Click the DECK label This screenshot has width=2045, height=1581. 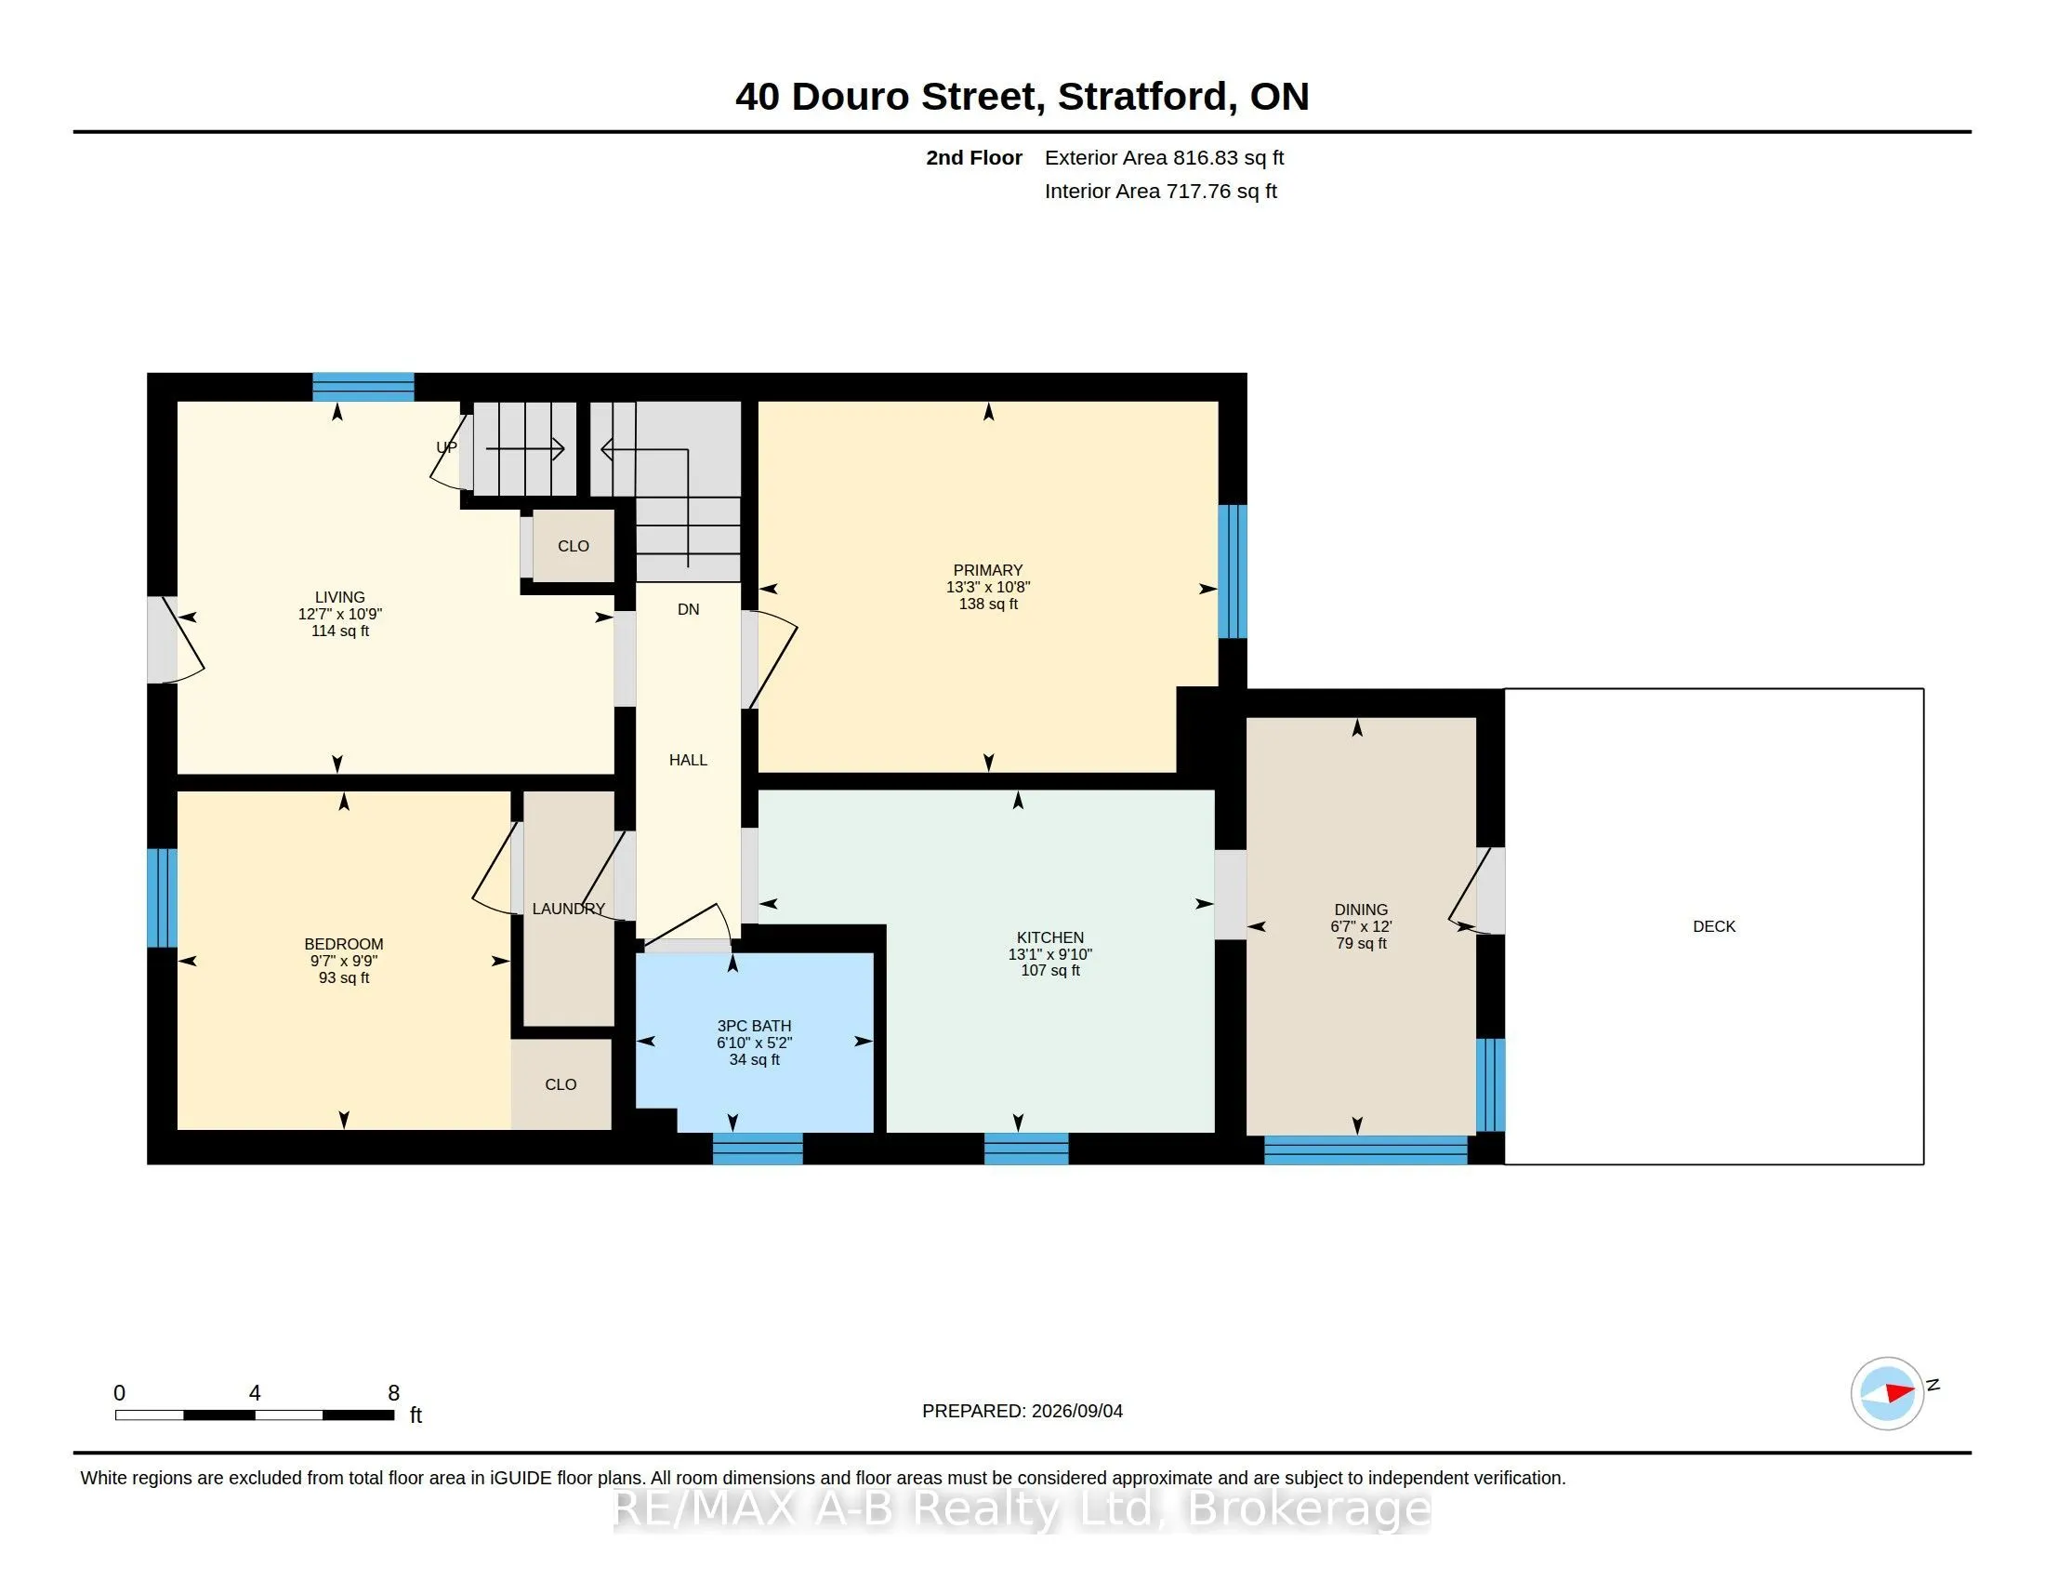(x=1713, y=926)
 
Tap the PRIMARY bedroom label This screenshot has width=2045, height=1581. (x=988, y=570)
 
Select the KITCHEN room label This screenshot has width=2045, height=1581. (x=1050, y=937)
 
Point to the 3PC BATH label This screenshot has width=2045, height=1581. (x=754, y=1026)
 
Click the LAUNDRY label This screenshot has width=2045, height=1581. (x=568, y=909)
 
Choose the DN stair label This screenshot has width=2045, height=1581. (x=688, y=609)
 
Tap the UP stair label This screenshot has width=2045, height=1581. (x=446, y=446)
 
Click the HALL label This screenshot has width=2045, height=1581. (x=688, y=760)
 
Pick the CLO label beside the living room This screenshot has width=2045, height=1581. (x=573, y=546)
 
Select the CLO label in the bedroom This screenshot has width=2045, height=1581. (x=561, y=1084)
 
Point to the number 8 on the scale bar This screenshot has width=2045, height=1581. (x=394, y=1393)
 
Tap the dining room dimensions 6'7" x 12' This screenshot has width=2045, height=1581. (x=1361, y=926)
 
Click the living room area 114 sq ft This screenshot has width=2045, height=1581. (x=340, y=631)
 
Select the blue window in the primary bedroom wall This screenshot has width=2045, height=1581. (x=1233, y=571)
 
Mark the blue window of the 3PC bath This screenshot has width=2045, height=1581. (x=758, y=1149)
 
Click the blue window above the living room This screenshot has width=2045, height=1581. (x=363, y=387)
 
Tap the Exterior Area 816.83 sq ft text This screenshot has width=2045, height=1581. (x=1164, y=157)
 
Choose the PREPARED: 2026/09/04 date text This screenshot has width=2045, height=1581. (x=1022, y=1411)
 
